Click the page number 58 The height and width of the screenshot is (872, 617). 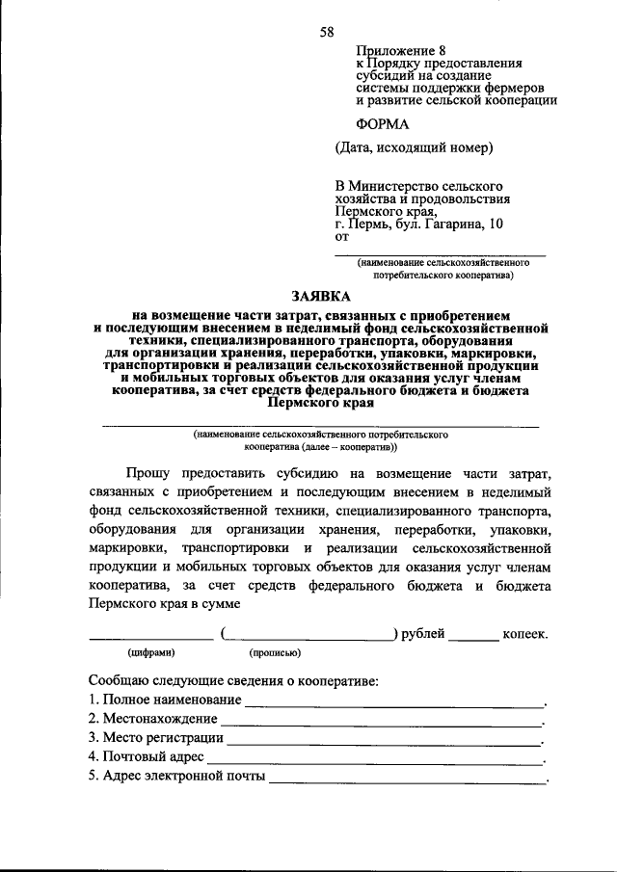(x=327, y=32)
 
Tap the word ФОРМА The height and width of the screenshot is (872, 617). (x=383, y=123)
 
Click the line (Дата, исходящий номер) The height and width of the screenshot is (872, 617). (x=415, y=148)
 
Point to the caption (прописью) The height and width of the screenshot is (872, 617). (x=276, y=652)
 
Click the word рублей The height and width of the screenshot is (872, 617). (x=421, y=634)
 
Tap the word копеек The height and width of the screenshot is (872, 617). (x=525, y=634)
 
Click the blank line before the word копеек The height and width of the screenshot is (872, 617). (x=473, y=638)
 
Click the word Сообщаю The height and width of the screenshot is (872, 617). (x=122, y=679)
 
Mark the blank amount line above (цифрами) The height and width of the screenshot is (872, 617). (x=150, y=638)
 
